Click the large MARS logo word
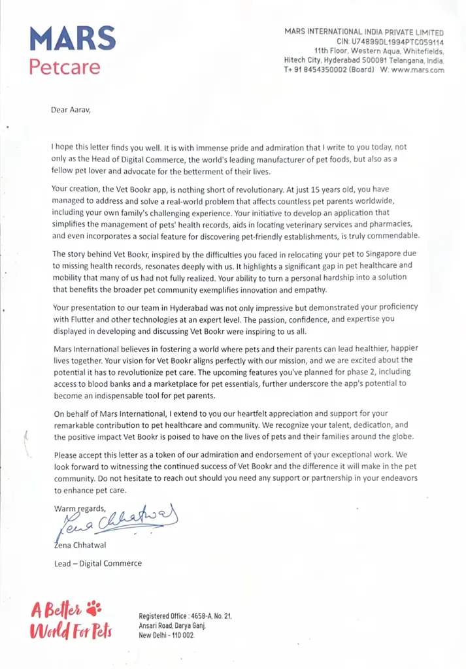coord(73,39)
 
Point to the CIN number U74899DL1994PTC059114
coord(390,41)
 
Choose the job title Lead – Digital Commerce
coord(97,563)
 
